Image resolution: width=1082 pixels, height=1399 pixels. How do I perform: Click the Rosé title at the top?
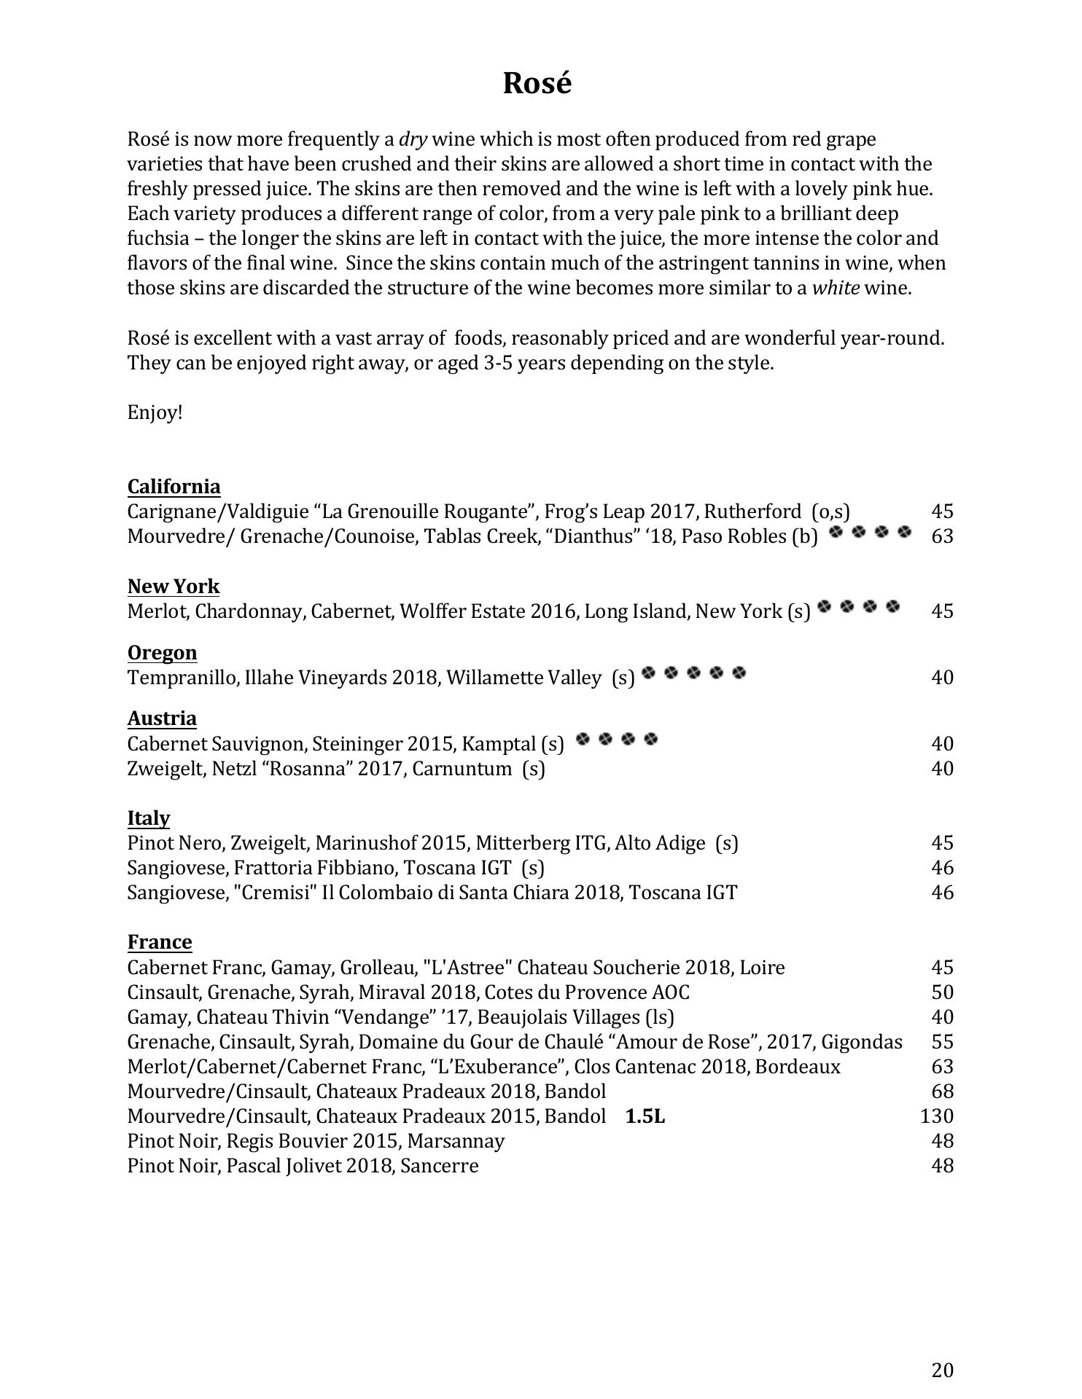(x=537, y=83)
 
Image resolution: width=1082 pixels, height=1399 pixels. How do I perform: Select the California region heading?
(x=174, y=486)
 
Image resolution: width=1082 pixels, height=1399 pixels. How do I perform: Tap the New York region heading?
(x=173, y=587)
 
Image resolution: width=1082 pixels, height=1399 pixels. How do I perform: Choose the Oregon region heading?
(x=162, y=652)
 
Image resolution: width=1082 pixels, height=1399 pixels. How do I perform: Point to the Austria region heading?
(x=162, y=718)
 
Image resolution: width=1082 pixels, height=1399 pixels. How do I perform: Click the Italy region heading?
(x=148, y=818)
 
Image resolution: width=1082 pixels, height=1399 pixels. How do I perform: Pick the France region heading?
(x=160, y=942)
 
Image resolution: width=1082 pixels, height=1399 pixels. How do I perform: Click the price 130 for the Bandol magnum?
(x=936, y=1116)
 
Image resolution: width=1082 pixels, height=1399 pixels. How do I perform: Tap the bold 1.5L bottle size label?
(x=645, y=1116)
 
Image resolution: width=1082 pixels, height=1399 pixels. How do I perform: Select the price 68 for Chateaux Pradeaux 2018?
(x=942, y=1091)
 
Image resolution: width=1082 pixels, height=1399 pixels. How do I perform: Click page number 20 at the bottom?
(x=942, y=1371)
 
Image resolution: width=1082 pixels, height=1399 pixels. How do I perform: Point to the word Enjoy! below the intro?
(x=155, y=412)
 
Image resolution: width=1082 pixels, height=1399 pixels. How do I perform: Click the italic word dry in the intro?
(x=413, y=139)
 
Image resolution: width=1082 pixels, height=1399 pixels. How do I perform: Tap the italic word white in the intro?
(x=836, y=288)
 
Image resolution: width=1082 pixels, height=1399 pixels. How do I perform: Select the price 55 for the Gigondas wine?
(x=942, y=1041)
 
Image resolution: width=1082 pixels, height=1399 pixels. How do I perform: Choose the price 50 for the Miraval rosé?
(x=942, y=992)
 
